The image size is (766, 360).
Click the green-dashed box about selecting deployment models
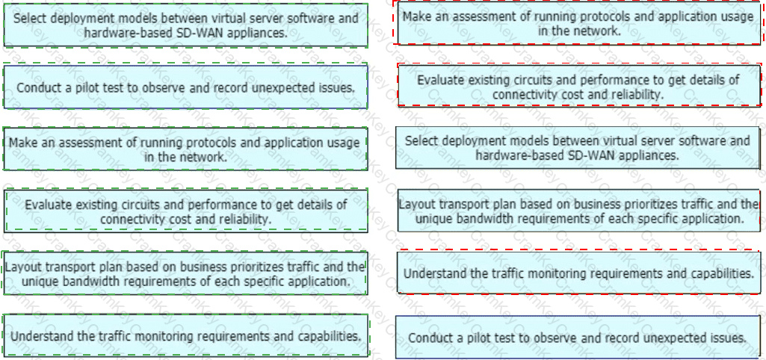click(185, 25)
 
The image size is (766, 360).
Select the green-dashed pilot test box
click(185, 87)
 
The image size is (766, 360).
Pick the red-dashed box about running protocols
click(579, 23)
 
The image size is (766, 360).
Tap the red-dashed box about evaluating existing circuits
click(579, 85)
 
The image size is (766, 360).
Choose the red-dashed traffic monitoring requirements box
click(579, 273)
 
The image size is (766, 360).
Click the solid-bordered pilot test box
click(578, 338)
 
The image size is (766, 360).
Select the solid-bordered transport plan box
click(579, 211)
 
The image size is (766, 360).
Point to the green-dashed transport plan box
click(185, 273)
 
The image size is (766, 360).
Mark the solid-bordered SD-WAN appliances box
click(578, 148)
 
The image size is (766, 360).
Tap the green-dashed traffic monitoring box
click(185, 335)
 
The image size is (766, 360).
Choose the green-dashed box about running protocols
click(185, 149)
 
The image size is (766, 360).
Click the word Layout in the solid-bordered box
click(413, 205)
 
